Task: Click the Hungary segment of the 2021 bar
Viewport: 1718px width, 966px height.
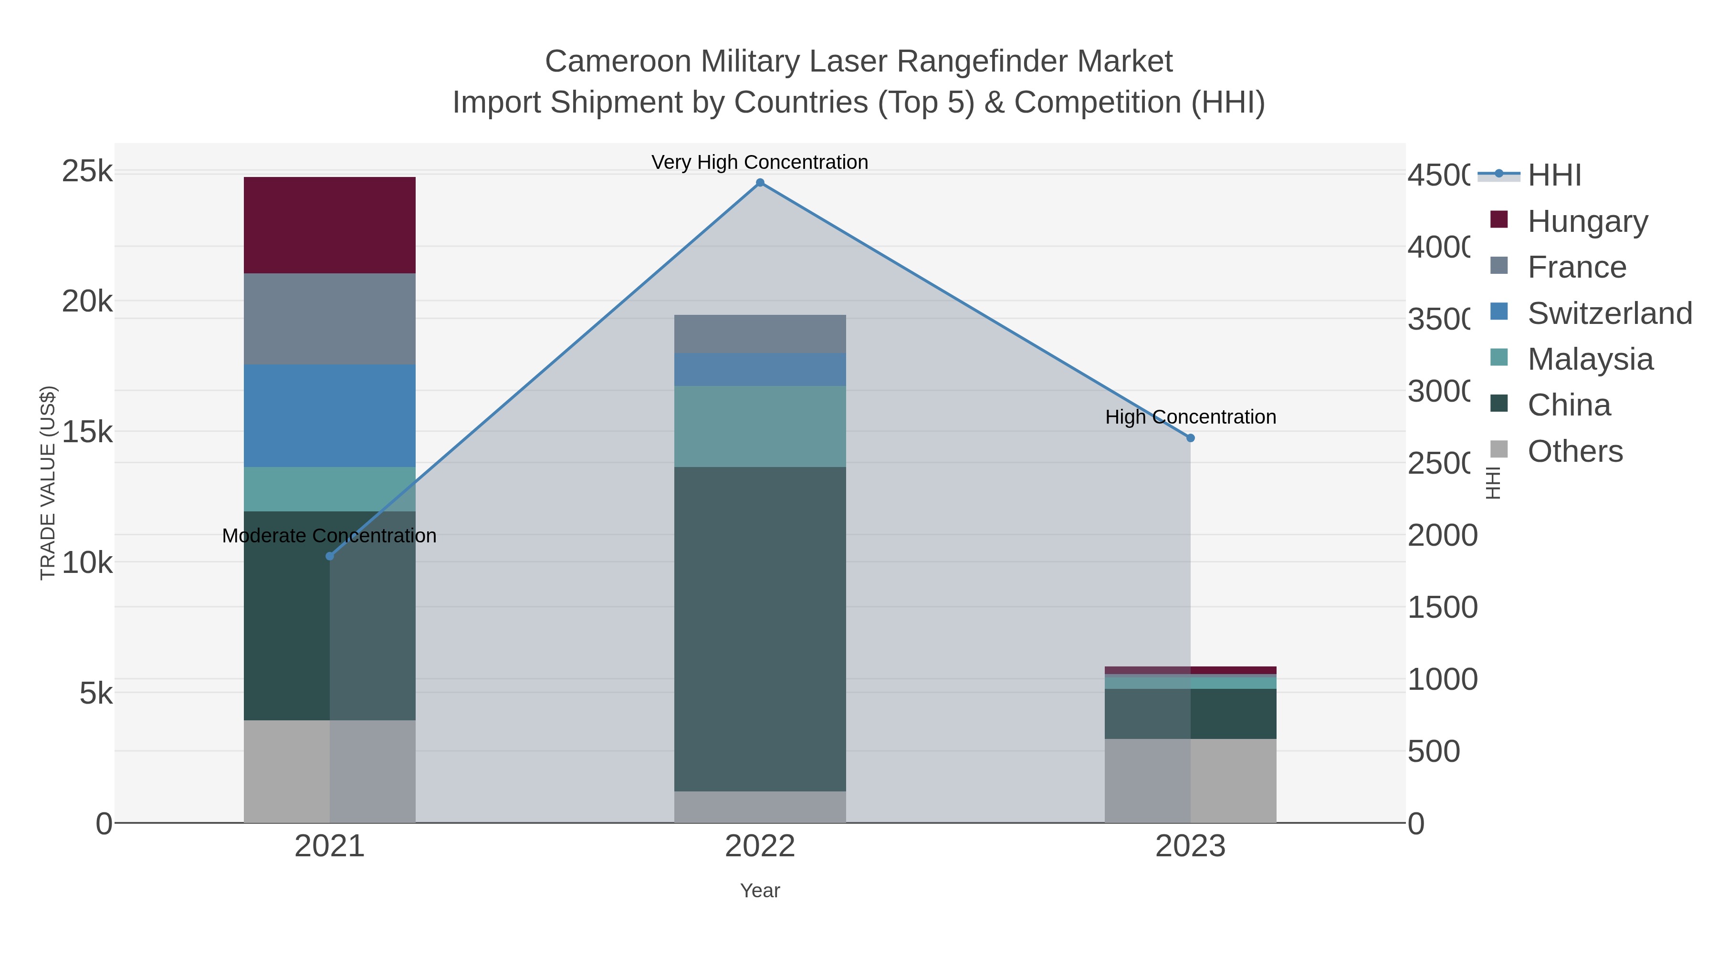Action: click(329, 225)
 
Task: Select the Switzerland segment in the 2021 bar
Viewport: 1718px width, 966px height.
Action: click(329, 415)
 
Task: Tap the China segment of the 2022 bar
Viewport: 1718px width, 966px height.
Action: click(760, 629)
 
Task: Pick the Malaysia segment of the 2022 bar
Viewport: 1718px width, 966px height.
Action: click(760, 426)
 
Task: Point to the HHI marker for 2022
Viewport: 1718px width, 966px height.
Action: click(760, 183)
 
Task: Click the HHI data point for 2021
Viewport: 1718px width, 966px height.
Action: click(329, 556)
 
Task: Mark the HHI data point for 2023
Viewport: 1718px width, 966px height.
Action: click(1191, 438)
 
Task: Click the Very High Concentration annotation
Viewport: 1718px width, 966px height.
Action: click(760, 163)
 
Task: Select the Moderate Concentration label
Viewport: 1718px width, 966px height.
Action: click(329, 536)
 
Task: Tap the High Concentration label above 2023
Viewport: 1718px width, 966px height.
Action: click(1191, 417)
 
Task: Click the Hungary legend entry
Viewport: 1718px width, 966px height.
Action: click(1587, 221)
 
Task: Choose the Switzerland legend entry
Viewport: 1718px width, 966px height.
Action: click(1609, 313)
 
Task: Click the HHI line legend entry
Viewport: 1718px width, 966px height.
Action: click(1554, 176)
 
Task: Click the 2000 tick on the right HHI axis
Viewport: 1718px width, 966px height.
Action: click(1442, 535)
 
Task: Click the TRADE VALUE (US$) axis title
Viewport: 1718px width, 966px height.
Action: click(48, 483)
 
